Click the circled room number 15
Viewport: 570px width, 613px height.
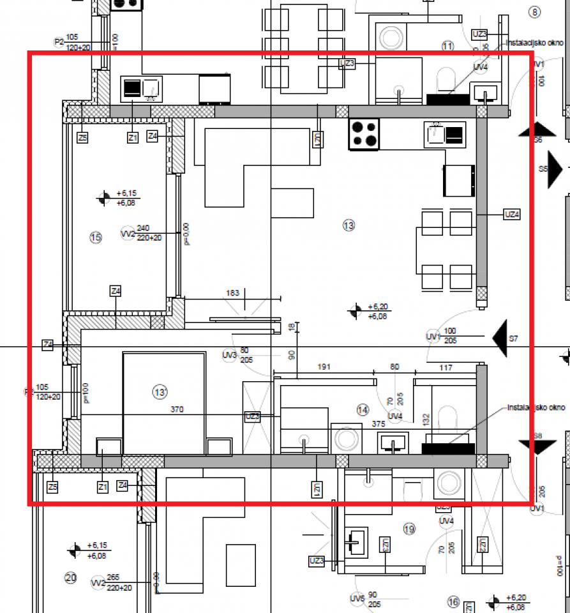pos(96,238)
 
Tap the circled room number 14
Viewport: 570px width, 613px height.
pos(363,409)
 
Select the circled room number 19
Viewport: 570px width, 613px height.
pos(409,529)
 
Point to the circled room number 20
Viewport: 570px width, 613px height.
pos(70,578)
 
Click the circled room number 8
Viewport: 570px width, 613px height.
pos(534,12)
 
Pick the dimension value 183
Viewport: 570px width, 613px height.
pos(232,293)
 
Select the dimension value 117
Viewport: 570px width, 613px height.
pos(446,367)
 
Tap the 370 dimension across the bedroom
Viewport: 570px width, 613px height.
pos(177,409)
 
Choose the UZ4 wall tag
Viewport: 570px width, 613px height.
pos(511,215)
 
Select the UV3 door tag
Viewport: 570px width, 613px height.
pos(229,355)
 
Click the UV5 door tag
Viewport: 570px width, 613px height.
pos(357,599)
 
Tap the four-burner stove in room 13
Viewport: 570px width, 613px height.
pos(364,134)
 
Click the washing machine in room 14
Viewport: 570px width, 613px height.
pos(347,440)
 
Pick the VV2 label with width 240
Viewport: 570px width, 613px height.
pos(128,234)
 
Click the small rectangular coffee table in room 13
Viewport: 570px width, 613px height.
pos(292,202)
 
